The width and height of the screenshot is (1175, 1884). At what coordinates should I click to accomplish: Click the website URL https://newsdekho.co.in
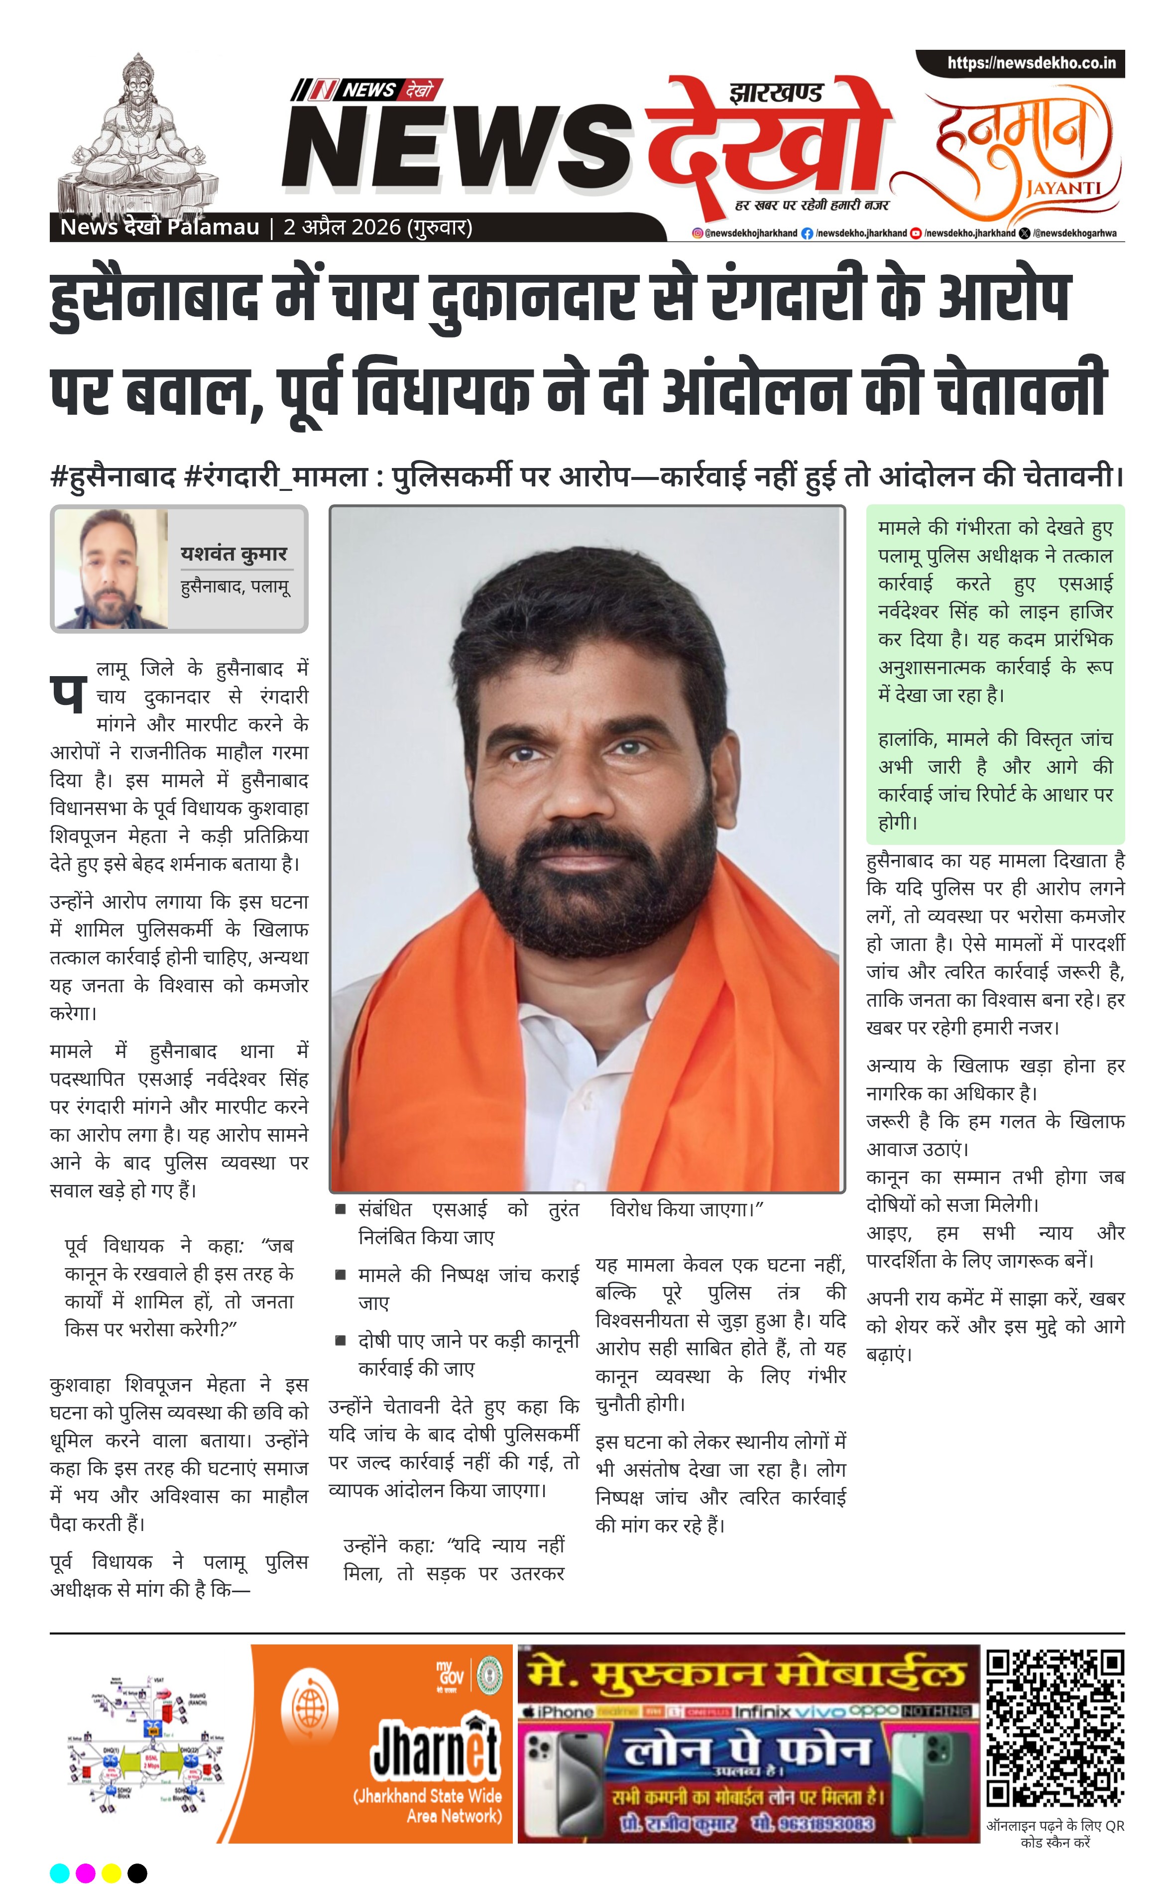(1031, 63)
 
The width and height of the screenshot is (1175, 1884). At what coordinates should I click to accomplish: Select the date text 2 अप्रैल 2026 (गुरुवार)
(378, 228)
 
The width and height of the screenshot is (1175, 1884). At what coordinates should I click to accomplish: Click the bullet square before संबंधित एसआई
(341, 1209)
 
